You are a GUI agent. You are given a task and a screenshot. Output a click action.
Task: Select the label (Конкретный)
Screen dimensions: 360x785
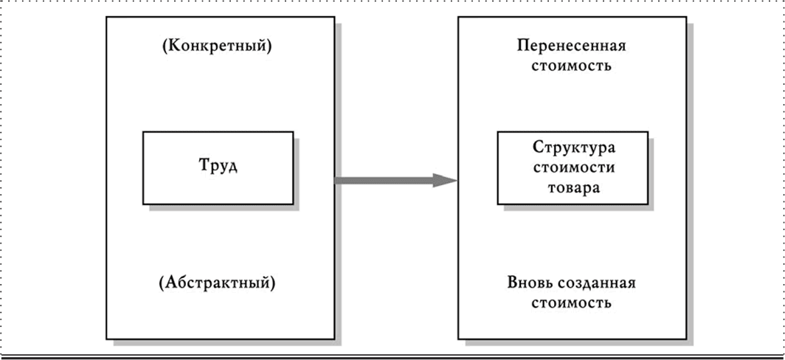pyautogui.click(x=216, y=46)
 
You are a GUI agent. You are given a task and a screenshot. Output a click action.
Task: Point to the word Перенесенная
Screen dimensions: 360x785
pyautogui.click(x=572, y=46)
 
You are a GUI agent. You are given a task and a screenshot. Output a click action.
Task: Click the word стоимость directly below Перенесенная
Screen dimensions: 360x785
pyautogui.click(x=572, y=66)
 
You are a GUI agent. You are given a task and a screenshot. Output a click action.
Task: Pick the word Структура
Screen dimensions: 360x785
pyautogui.click(x=573, y=149)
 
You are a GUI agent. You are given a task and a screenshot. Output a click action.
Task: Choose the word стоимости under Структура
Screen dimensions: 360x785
pyautogui.click(x=573, y=167)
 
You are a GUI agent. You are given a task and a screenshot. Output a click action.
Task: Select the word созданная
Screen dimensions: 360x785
pyautogui.click(x=598, y=283)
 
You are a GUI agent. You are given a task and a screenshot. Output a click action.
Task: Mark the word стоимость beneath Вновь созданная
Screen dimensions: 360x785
pyautogui.click(x=572, y=303)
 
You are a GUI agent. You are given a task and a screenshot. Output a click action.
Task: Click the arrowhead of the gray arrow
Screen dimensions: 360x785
pyautogui.click(x=445, y=180)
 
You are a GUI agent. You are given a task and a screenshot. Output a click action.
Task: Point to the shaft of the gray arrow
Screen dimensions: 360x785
pyautogui.click(x=384, y=180)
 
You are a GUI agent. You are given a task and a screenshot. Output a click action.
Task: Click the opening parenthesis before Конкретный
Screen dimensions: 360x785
pyautogui.click(x=163, y=46)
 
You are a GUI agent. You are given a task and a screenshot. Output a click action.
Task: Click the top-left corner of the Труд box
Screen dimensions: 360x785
pyautogui.click(x=143, y=132)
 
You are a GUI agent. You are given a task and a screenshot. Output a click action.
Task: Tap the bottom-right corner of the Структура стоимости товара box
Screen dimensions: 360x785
pyautogui.click(x=648, y=204)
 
